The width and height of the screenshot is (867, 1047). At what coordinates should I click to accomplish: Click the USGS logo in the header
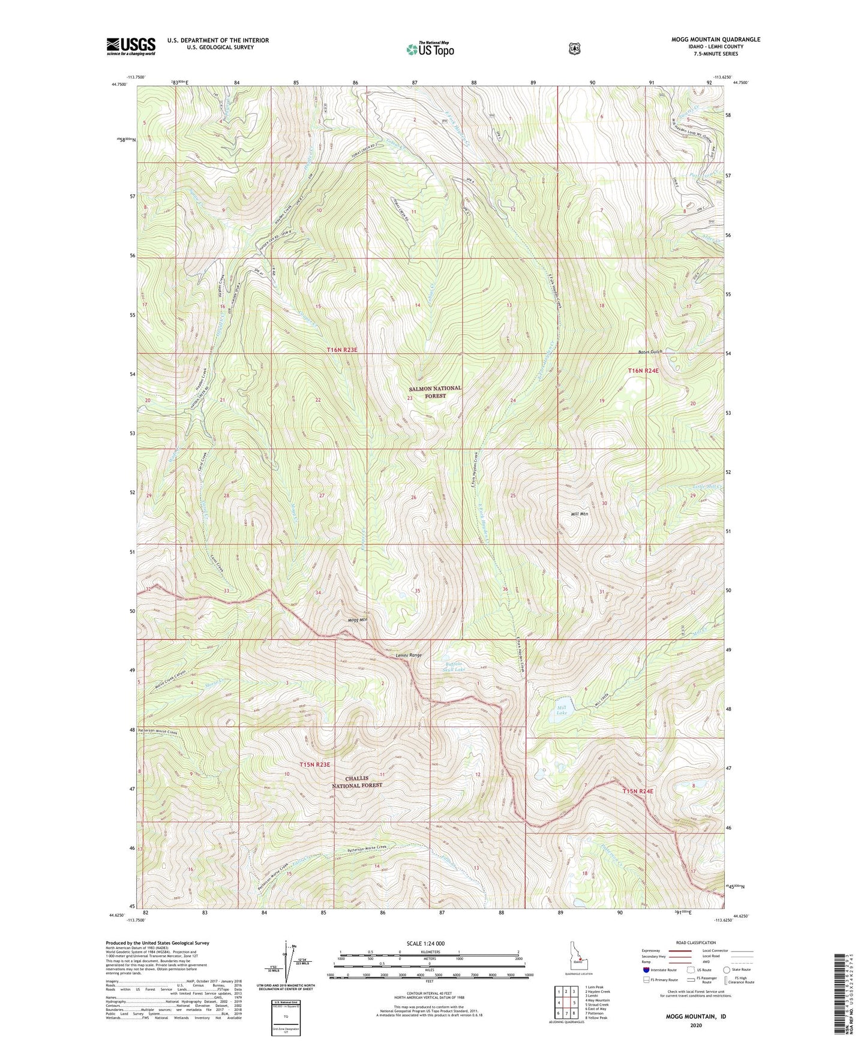(131, 46)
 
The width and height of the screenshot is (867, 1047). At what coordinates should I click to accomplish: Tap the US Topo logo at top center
(429, 49)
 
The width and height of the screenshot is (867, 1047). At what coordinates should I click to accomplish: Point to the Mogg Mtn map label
(357, 619)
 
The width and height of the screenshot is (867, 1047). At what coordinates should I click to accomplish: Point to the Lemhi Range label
(409, 655)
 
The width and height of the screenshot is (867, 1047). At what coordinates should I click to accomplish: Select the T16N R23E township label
(346, 350)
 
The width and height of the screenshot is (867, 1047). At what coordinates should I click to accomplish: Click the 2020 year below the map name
(695, 1025)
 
